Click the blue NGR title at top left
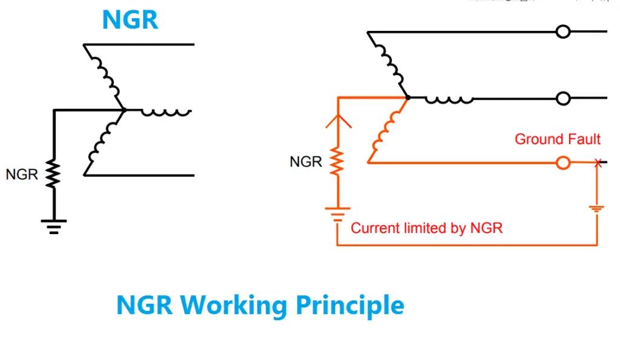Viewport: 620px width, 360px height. click(x=130, y=20)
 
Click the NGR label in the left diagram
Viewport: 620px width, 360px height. click(x=22, y=175)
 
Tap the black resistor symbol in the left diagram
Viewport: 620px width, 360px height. click(x=54, y=174)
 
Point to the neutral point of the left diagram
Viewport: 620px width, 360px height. click(x=124, y=110)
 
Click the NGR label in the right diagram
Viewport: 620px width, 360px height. click(x=306, y=162)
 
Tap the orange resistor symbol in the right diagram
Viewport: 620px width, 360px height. click(x=337, y=162)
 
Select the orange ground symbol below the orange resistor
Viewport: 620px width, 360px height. click(x=337, y=212)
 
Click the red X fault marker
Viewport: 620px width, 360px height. click(x=598, y=163)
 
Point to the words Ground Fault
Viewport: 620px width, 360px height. click(x=557, y=139)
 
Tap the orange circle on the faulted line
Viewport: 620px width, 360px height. click(x=563, y=163)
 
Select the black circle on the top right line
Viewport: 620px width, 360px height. click(x=563, y=31)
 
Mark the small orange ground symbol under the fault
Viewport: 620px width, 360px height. click(x=597, y=209)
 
